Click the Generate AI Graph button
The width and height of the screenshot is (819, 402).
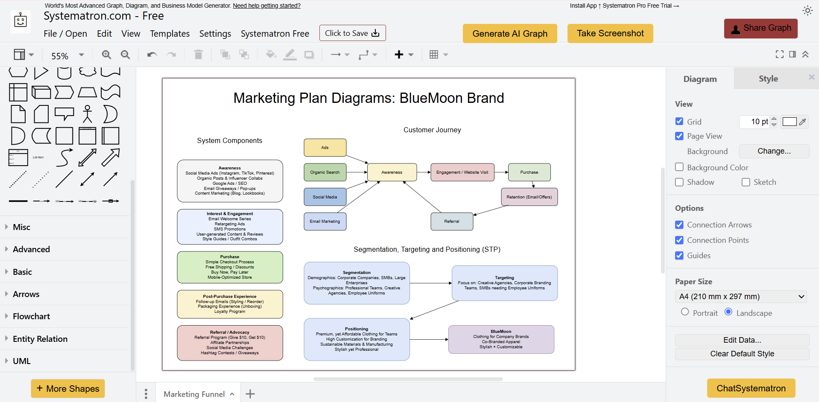tap(509, 34)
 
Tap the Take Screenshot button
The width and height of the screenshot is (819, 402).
tap(610, 33)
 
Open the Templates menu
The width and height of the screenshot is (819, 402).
tap(170, 34)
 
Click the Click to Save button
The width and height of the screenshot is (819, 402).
tap(352, 33)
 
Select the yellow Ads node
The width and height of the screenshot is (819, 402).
tap(325, 148)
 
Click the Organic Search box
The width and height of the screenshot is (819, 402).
tap(325, 172)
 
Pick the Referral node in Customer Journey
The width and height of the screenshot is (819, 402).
tap(452, 221)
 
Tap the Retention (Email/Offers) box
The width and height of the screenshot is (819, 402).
tap(529, 197)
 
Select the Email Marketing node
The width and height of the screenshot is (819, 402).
tap(325, 221)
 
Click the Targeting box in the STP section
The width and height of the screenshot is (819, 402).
tap(504, 283)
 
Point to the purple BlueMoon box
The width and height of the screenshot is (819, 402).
tap(501, 339)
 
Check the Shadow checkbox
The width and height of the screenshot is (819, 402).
tap(679, 182)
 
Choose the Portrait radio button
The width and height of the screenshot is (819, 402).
tap(685, 312)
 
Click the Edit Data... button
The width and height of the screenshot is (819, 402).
tap(742, 340)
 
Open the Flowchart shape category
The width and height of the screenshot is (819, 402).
tap(31, 316)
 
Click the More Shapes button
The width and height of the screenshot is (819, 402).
tap(68, 389)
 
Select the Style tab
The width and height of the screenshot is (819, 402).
tap(768, 79)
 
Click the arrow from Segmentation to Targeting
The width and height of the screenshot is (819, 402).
tap(430, 283)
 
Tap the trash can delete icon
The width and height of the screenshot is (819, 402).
tap(198, 55)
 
